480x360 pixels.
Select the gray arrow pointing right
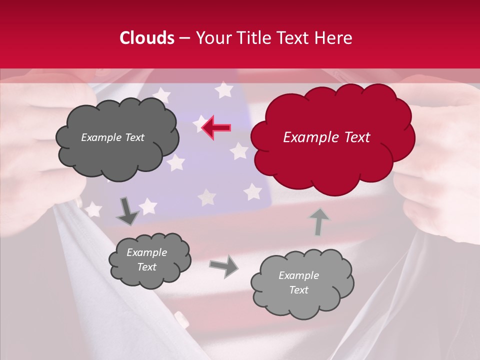(x=224, y=266)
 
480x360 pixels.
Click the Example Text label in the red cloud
(x=326, y=137)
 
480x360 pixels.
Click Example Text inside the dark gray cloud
(x=112, y=137)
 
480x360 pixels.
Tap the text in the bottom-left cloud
(x=146, y=260)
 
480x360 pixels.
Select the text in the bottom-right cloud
(x=298, y=282)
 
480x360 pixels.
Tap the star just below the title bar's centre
(x=223, y=90)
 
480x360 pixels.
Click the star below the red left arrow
(x=239, y=150)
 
